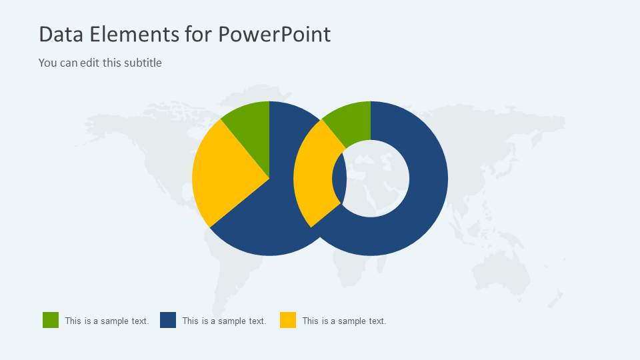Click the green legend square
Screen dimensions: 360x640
[51, 320]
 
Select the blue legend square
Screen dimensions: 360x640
[168, 320]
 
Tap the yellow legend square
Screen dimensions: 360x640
[288, 320]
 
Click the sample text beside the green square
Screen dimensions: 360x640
[107, 321]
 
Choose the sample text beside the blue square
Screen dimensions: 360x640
[224, 321]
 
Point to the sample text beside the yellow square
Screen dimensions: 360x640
[344, 321]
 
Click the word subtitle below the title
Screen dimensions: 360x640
[141, 63]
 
